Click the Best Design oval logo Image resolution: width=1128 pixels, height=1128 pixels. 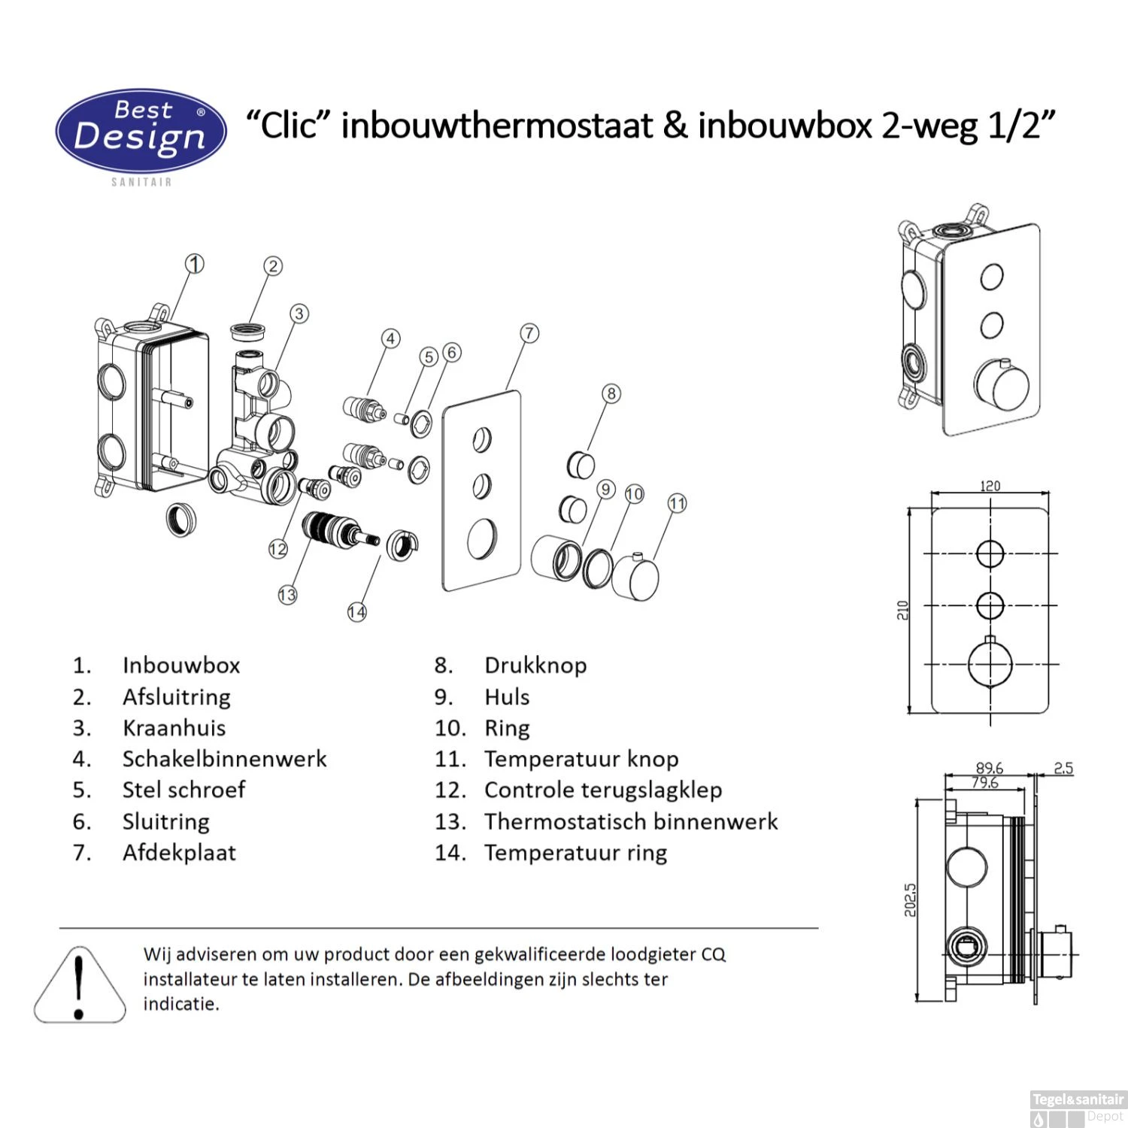click(141, 131)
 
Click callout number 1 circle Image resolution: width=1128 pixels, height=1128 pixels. click(195, 264)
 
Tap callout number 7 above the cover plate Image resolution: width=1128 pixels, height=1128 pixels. click(529, 333)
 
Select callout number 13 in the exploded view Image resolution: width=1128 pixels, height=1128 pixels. click(287, 595)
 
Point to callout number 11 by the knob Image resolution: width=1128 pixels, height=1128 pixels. click(677, 503)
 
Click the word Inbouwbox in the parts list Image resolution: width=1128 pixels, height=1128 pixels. click(181, 666)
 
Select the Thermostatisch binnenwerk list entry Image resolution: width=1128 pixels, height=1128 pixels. click(630, 821)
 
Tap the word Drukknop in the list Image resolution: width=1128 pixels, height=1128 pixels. click(535, 666)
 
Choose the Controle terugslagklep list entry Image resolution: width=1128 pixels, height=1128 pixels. click(602, 790)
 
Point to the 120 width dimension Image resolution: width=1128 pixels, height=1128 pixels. click(990, 486)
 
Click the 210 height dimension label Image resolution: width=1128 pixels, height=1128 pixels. click(902, 610)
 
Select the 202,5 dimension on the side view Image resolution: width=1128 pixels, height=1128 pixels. click(910, 899)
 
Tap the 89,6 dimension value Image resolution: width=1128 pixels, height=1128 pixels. click(989, 768)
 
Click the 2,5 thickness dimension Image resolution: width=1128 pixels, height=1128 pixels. click(1063, 768)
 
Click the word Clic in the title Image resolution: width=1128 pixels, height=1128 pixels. click(289, 125)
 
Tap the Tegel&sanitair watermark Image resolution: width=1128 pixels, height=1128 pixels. click(1077, 1100)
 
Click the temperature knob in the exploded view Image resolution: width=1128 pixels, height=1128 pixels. click(635, 578)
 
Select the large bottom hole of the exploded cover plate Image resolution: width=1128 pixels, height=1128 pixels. click(481, 539)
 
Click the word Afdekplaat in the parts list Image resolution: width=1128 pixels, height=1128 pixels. click(179, 853)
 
